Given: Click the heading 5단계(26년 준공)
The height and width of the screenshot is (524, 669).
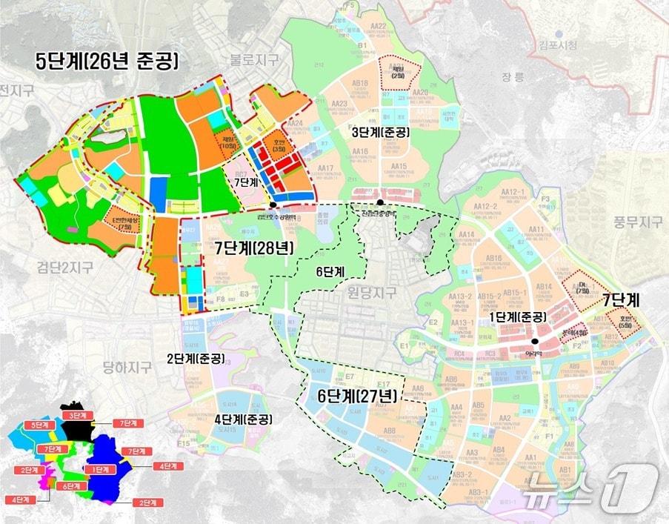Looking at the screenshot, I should coord(108,61).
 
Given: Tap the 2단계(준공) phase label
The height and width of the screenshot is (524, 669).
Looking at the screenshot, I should coord(191,359).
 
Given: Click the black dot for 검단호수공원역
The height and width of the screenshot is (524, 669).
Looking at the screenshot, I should coord(273,205).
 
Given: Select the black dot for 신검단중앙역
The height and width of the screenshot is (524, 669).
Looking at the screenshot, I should coord(380,202).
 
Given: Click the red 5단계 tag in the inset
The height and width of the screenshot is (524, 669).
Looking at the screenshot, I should coord(35,425).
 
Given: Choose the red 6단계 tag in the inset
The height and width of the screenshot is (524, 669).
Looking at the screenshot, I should coord(73,486).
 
